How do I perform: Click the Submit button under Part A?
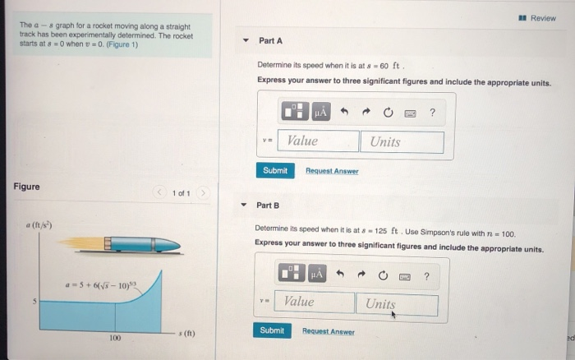[x=275, y=170]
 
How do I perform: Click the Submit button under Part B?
[x=272, y=330]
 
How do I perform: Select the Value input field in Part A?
[x=319, y=141]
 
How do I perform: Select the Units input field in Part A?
[x=401, y=141]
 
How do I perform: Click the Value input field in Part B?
[x=315, y=302]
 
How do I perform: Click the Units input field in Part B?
[x=397, y=303]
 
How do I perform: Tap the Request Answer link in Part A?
[x=332, y=171]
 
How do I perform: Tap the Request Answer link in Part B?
[x=329, y=331]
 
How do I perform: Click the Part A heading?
[x=270, y=40]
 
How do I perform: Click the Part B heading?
[x=268, y=205]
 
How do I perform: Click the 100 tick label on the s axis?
[x=115, y=338]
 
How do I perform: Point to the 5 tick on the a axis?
[x=34, y=302]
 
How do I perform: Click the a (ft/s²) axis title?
[x=38, y=224]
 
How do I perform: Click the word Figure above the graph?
[x=26, y=187]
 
